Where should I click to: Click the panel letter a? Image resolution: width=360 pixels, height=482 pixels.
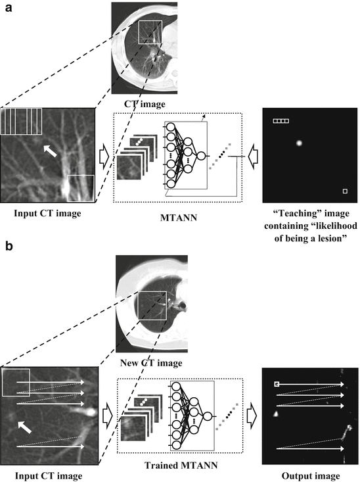pyautogui.click(x=9, y=8)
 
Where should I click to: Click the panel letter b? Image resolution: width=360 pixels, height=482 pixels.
pyautogui.click(x=9, y=246)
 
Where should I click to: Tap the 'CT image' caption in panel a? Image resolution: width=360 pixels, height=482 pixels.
pyautogui.click(x=145, y=104)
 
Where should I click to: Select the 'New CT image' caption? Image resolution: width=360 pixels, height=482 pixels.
pyautogui.click(x=151, y=363)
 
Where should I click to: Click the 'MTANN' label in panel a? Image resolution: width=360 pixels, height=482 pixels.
pyautogui.click(x=179, y=218)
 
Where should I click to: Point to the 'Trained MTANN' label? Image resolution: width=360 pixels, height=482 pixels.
pyautogui.click(x=181, y=466)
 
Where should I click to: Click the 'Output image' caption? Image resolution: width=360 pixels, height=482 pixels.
pyautogui.click(x=311, y=476)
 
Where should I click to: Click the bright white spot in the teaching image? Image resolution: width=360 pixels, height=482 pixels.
pyautogui.click(x=299, y=143)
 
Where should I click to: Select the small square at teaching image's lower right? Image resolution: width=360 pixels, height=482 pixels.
pyautogui.click(x=345, y=191)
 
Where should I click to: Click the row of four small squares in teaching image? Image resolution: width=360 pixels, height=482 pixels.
pyautogui.click(x=281, y=121)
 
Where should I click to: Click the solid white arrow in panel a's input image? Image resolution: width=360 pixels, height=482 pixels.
pyautogui.click(x=50, y=151)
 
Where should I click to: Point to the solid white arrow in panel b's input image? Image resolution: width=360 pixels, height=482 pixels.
pyautogui.click(x=24, y=427)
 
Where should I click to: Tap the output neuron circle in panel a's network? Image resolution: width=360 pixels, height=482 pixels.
pyautogui.click(x=201, y=156)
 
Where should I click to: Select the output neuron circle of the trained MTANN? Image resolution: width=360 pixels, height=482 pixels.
pyautogui.click(x=208, y=416)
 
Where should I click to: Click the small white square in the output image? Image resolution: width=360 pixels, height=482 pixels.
pyautogui.click(x=277, y=384)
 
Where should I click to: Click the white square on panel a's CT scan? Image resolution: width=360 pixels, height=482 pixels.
pyautogui.click(x=150, y=32)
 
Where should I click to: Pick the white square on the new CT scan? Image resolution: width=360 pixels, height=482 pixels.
pyautogui.click(x=152, y=306)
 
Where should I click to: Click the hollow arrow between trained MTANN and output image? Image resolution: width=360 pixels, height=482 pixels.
pyautogui.click(x=252, y=416)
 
